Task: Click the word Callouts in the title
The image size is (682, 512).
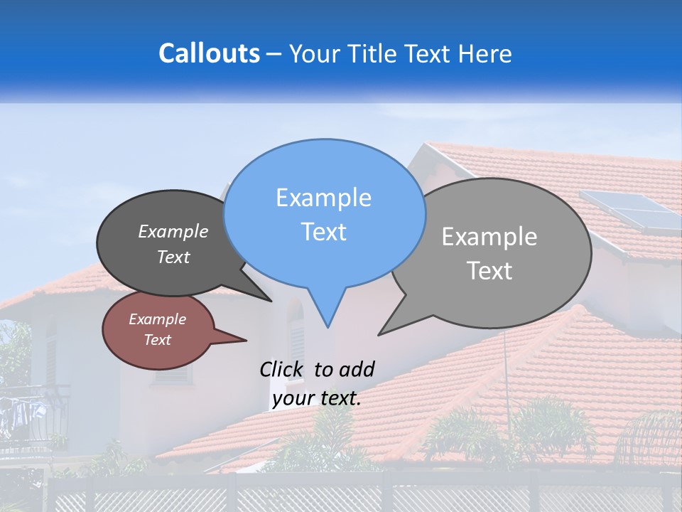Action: [209, 53]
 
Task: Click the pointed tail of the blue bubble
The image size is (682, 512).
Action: [328, 324]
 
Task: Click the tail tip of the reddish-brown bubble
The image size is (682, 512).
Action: [245, 340]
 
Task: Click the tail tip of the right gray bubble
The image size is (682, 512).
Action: [380, 334]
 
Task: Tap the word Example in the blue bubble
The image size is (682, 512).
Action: [323, 198]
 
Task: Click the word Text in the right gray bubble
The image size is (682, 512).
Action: [489, 271]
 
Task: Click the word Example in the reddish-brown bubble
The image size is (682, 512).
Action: [157, 319]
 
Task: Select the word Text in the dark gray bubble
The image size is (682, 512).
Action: [173, 257]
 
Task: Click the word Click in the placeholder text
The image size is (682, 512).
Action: [283, 369]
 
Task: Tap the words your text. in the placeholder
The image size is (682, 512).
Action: [317, 398]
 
